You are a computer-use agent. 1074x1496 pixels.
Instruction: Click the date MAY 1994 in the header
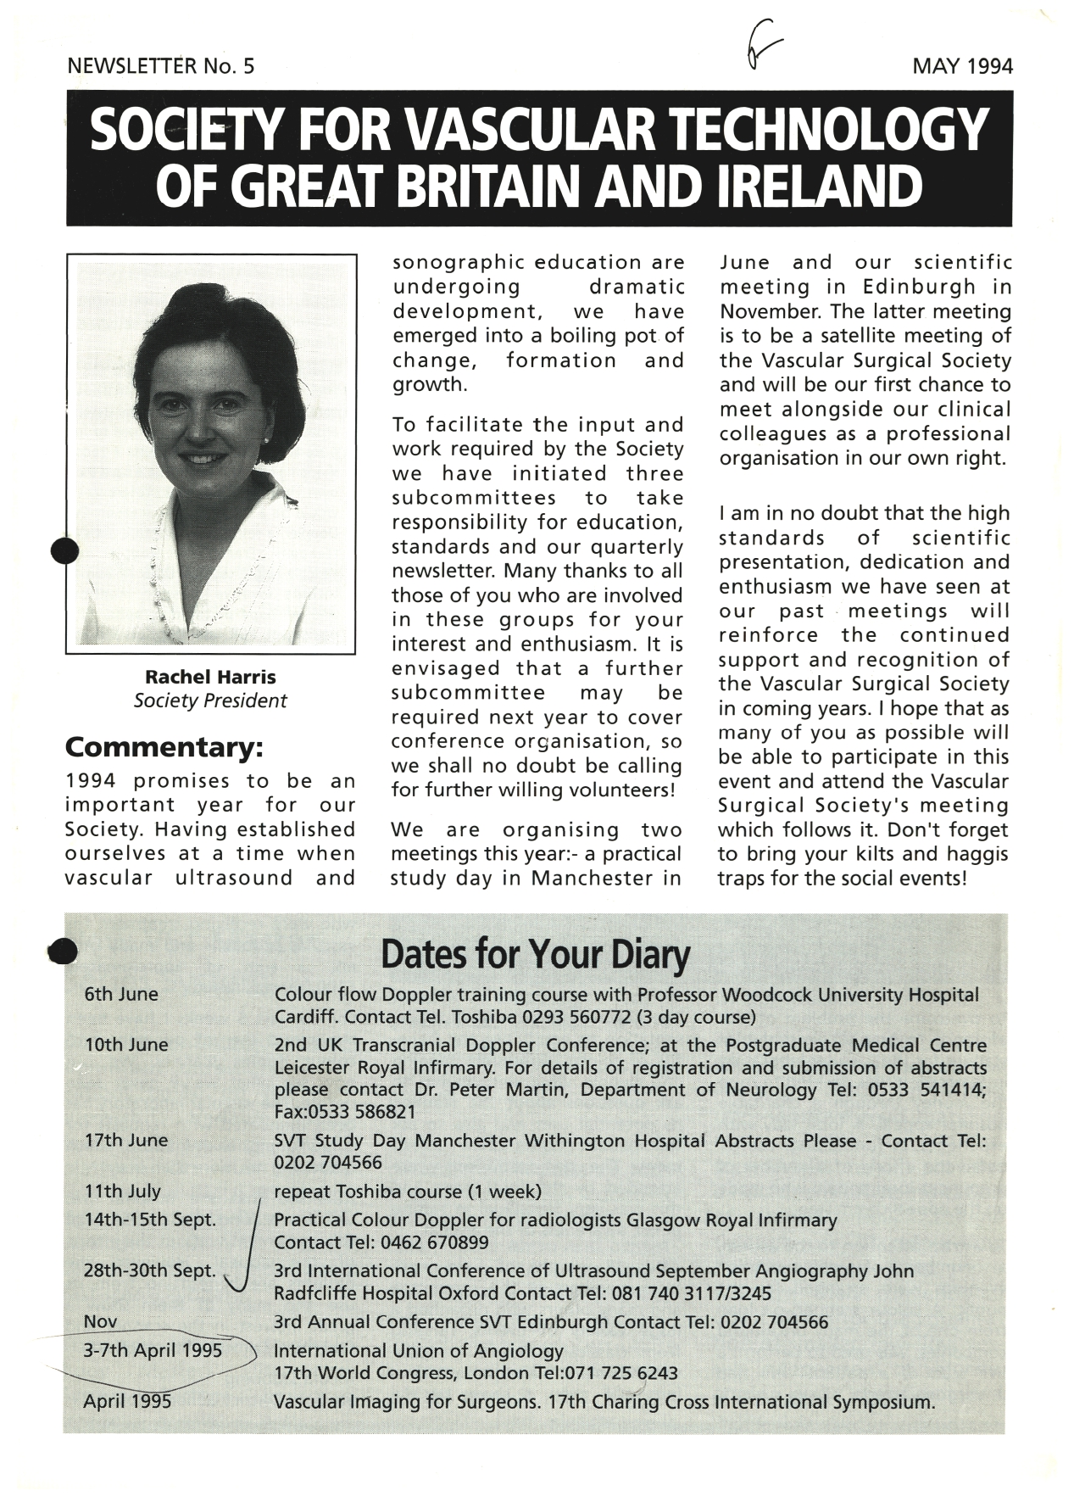click(x=962, y=66)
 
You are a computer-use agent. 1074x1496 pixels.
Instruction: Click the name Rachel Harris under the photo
click(x=210, y=677)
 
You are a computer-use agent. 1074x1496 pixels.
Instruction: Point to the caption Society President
click(x=210, y=701)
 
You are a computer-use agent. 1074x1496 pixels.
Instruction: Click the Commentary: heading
click(x=164, y=748)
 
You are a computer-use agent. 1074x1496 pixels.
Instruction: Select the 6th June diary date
click(x=121, y=994)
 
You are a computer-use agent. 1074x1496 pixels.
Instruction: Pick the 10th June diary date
click(x=126, y=1045)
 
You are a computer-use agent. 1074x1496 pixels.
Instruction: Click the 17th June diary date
click(x=126, y=1141)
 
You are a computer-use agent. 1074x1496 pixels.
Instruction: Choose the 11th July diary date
click(x=122, y=1191)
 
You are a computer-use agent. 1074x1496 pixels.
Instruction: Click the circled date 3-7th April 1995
click(x=153, y=1350)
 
